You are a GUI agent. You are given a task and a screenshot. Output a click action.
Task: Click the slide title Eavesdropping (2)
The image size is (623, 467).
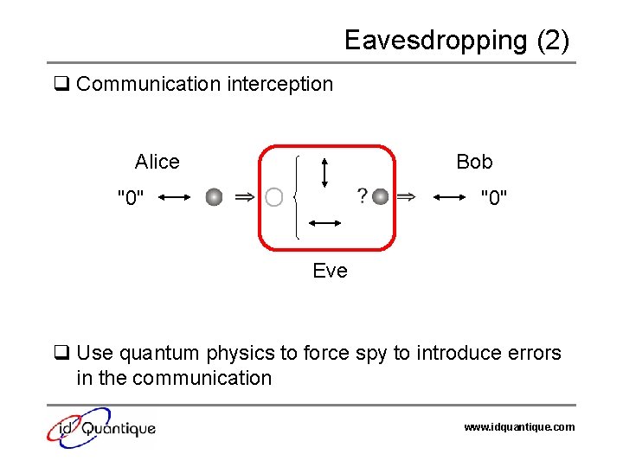point(456,41)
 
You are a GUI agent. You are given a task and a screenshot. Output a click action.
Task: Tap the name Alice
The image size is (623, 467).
point(157,162)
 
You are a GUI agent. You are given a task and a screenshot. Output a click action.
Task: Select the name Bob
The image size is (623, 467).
point(474,162)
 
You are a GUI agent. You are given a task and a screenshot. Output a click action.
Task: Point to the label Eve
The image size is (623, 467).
point(330,272)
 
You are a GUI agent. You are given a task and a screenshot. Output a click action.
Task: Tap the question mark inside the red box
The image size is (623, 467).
point(362,196)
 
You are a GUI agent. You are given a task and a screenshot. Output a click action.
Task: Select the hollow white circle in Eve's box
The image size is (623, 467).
point(273,198)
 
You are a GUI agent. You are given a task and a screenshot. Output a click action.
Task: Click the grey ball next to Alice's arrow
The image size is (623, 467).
point(214,198)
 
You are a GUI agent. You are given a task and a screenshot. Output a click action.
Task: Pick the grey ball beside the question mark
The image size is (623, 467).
point(380,197)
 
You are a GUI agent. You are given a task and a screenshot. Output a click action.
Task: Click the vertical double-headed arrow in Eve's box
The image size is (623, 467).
point(324,170)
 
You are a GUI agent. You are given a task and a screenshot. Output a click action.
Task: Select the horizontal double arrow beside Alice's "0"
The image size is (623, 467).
point(175,198)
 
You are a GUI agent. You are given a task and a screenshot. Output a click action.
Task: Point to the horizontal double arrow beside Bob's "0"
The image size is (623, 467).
point(449,198)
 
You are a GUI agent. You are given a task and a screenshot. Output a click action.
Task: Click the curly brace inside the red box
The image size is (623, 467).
point(298,197)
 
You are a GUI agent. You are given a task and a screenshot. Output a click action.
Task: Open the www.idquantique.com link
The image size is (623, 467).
point(519,427)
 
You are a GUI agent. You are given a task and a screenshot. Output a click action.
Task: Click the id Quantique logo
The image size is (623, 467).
point(101,427)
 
